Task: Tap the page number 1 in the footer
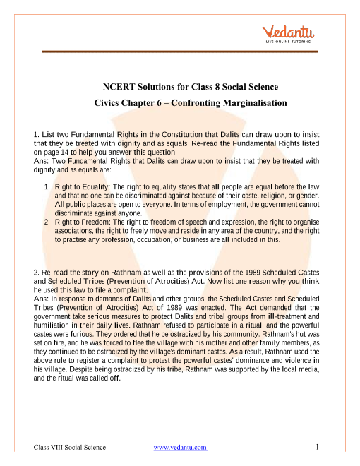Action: tap(319, 447)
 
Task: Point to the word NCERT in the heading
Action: tap(121, 88)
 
